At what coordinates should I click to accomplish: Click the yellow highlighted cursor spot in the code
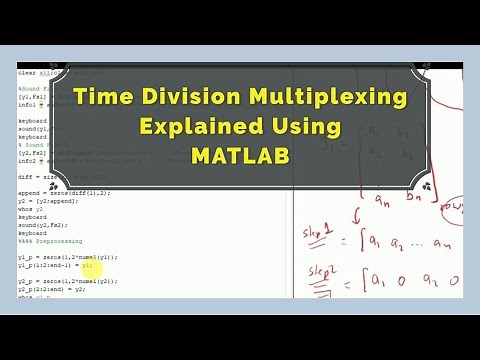pos(87,265)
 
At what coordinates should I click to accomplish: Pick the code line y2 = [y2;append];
pos(49,200)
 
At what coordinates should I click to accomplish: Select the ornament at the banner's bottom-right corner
pos(427,186)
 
